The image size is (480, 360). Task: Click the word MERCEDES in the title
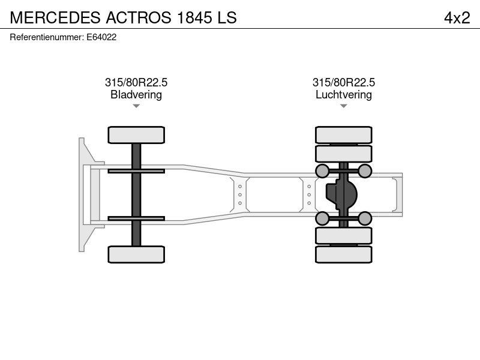55,17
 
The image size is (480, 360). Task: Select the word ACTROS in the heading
139,17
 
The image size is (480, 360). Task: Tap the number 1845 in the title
194,17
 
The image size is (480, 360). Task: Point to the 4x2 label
457,17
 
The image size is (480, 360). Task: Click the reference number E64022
101,37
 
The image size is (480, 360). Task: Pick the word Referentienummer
47,37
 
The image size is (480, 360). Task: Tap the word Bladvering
136,95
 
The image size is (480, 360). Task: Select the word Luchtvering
344,95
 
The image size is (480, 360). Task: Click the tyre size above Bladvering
136,82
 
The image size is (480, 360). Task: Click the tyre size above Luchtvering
344,82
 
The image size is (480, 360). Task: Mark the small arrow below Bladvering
136,106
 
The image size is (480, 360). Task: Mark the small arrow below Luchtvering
344,106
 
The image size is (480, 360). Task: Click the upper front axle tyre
136,135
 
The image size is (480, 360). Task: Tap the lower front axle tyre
136,254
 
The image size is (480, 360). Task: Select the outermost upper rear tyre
344,135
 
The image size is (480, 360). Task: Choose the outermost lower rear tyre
344,254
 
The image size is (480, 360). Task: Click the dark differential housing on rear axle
341,194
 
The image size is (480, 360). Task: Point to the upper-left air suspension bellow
322,171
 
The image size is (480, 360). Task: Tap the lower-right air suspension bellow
365,218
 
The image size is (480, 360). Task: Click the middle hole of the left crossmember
240,194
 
